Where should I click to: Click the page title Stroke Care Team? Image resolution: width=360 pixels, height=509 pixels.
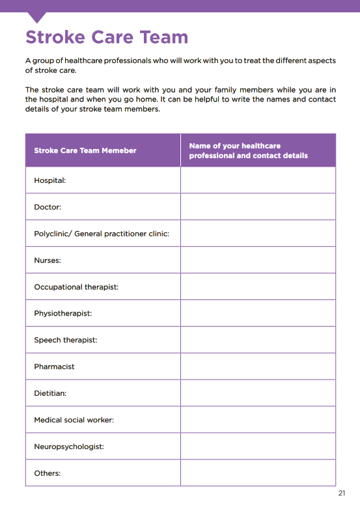[x=107, y=36]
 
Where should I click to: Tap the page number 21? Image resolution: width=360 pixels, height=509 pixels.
[x=342, y=493]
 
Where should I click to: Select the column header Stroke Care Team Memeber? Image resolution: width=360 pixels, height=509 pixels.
[x=85, y=150]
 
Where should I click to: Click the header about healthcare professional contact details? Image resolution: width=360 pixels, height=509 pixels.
[x=248, y=150]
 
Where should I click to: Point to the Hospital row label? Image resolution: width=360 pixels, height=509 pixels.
[x=50, y=180]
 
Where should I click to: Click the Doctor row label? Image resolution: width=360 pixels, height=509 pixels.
[x=48, y=207]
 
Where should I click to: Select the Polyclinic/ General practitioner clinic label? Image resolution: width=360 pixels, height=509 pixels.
[x=102, y=233]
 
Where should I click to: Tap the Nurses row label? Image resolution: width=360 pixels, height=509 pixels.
[x=48, y=260]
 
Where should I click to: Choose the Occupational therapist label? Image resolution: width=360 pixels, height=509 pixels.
[x=76, y=286]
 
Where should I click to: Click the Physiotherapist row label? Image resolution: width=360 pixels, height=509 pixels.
[x=63, y=313]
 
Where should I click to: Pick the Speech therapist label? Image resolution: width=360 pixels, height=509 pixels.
[x=65, y=340]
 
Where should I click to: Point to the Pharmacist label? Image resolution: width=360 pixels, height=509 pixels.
[x=54, y=366]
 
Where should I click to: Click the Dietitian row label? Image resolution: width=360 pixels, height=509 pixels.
[x=50, y=393]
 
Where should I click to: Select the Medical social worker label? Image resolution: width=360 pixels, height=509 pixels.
[x=74, y=420]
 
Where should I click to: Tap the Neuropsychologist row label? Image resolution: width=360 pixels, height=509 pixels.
[x=69, y=447]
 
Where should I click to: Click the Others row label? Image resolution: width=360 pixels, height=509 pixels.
[x=48, y=473]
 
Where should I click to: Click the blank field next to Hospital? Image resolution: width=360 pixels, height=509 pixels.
[x=258, y=180]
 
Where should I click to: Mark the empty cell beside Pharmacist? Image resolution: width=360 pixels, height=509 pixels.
[x=258, y=366]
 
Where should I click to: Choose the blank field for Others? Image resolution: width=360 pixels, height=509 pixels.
[x=258, y=473]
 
